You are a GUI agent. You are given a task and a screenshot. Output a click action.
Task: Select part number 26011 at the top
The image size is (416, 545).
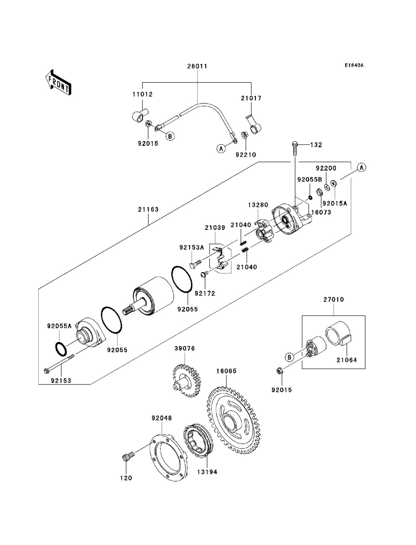tap(197, 66)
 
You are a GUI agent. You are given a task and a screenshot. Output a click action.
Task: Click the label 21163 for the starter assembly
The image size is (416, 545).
tap(149, 209)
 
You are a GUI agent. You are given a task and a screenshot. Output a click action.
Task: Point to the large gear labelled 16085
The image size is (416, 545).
tap(235, 421)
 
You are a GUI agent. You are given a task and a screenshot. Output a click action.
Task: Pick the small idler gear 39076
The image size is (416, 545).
tap(186, 380)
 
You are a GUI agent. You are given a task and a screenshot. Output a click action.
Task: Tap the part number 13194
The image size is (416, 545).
tap(207, 472)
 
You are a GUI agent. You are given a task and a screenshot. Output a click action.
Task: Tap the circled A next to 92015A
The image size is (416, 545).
tap(361, 167)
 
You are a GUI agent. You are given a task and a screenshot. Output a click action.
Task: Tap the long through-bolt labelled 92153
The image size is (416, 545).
tap(58, 366)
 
